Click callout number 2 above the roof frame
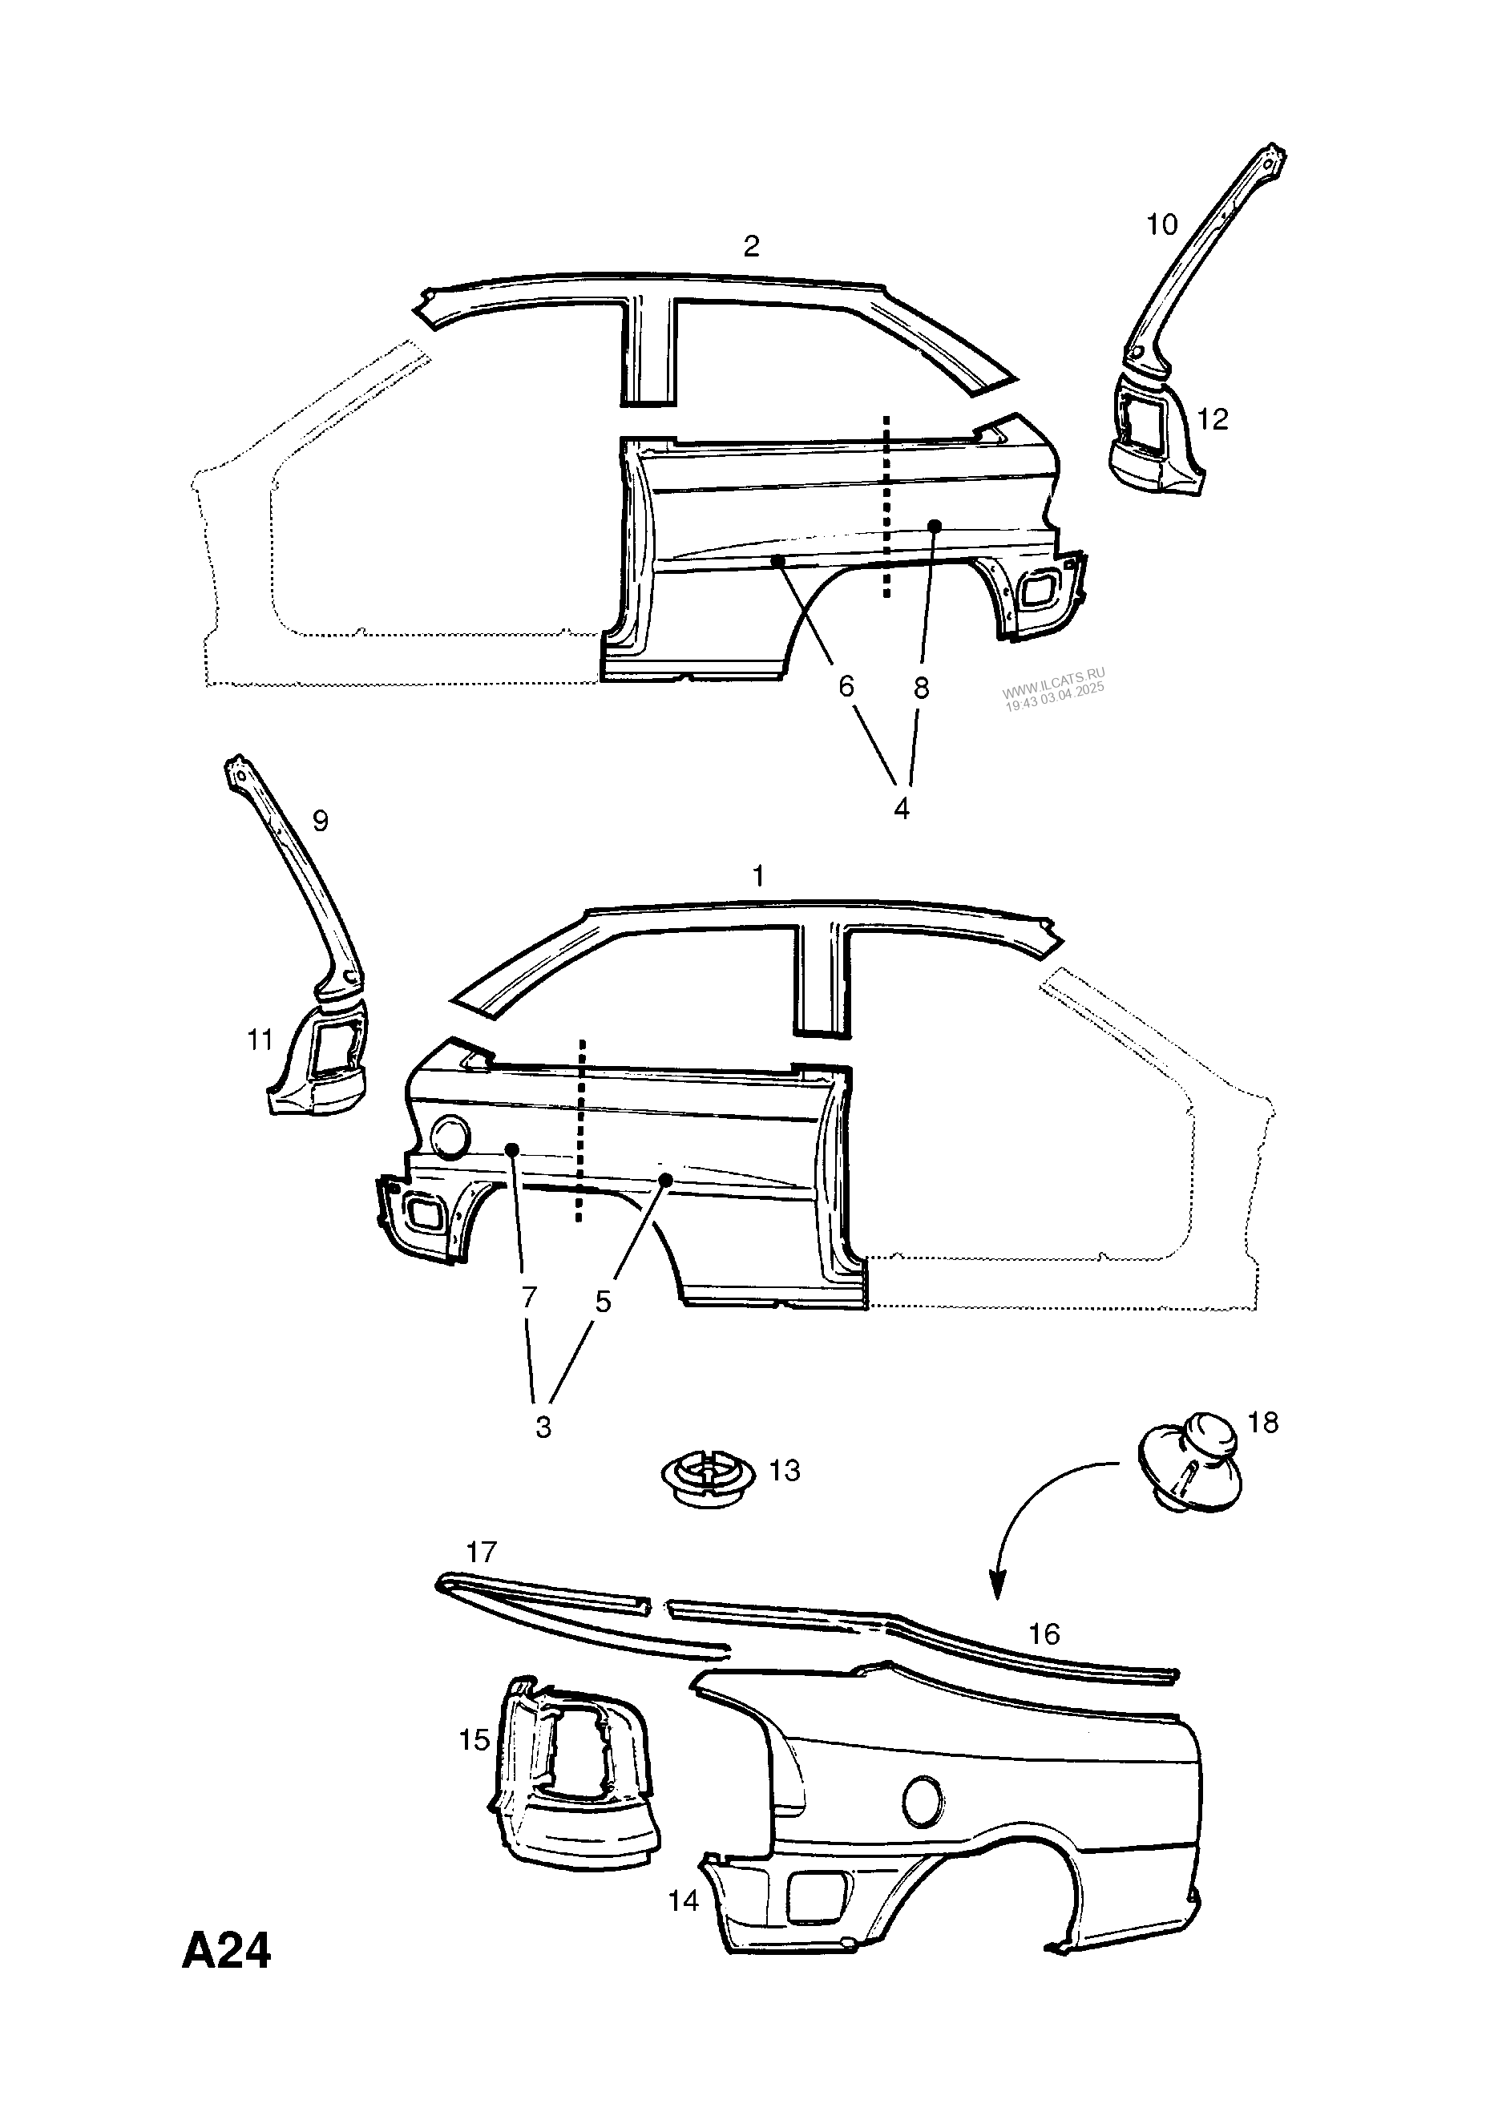(751, 246)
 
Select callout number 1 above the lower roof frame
(758, 877)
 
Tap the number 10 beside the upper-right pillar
(1161, 225)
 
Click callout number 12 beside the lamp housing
(1213, 419)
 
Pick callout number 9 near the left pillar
(321, 820)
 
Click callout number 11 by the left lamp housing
(260, 1040)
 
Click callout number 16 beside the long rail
(1044, 1634)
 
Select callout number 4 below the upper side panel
(902, 809)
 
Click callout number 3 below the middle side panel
(543, 1427)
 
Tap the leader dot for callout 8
(935, 525)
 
